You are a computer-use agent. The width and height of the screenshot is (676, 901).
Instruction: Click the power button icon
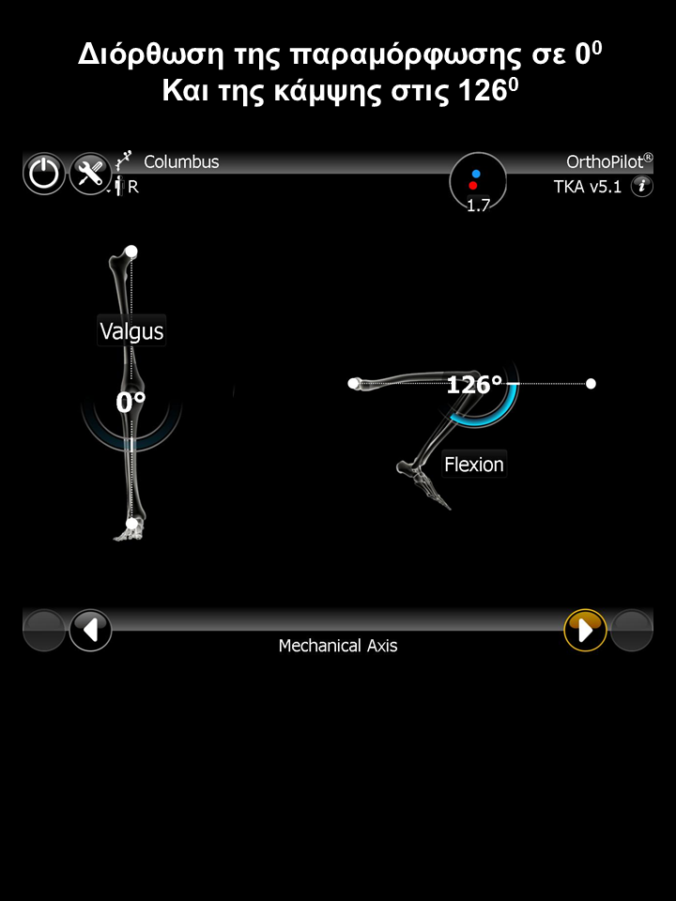point(44,174)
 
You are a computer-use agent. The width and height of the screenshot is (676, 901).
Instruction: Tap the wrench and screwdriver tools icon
point(90,174)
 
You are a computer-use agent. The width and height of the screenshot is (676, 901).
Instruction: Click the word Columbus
point(181,161)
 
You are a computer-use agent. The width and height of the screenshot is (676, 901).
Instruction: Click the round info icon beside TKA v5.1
point(641,186)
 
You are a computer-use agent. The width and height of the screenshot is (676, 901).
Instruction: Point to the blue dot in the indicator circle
point(476,174)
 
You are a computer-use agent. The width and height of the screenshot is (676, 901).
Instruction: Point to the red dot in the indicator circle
point(473,186)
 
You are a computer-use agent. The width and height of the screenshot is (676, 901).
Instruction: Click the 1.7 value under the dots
point(478,206)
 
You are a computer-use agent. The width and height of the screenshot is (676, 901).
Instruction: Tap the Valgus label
point(131,331)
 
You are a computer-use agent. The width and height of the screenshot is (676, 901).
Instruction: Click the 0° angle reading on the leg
point(131,403)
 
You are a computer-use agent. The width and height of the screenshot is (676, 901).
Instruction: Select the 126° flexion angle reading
point(474,385)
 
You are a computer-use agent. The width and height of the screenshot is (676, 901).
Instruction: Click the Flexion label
point(474,464)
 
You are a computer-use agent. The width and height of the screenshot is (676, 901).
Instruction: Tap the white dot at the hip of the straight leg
point(131,252)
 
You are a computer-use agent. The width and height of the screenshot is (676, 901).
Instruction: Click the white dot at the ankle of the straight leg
point(131,524)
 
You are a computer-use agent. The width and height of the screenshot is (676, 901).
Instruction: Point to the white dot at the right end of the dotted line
point(591,383)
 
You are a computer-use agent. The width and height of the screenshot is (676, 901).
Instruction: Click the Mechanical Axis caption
point(338,646)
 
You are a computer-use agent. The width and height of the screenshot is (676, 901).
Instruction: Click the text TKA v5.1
point(588,186)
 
